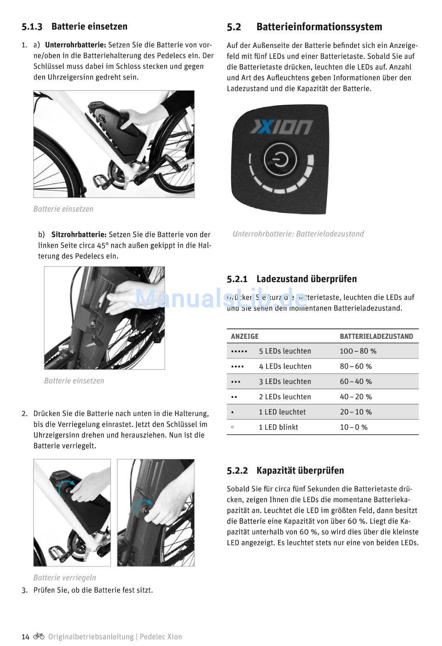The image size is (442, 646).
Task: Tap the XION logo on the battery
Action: [x=282, y=127]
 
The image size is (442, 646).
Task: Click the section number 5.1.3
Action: [x=32, y=27]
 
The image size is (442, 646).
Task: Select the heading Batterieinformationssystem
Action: [x=319, y=27]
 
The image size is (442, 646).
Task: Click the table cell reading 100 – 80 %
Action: [x=358, y=351]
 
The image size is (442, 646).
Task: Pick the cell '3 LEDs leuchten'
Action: [x=285, y=382]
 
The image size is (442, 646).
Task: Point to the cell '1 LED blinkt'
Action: [x=278, y=427]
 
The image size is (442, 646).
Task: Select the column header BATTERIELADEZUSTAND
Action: [x=376, y=336]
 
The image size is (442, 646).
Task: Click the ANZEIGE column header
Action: [x=245, y=336]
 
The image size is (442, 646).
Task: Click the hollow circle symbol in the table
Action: [x=233, y=427]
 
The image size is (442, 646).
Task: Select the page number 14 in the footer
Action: [x=26, y=637]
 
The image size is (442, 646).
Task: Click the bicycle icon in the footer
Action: [x=39, y=636]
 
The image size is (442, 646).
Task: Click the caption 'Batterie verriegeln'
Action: [x=65, y=578]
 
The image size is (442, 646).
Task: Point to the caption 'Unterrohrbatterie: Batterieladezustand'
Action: [x=298, y=234]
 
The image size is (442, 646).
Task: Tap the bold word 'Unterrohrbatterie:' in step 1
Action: [x=75, y=45]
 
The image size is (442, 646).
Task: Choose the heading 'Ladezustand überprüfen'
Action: [x=307, y=279]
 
